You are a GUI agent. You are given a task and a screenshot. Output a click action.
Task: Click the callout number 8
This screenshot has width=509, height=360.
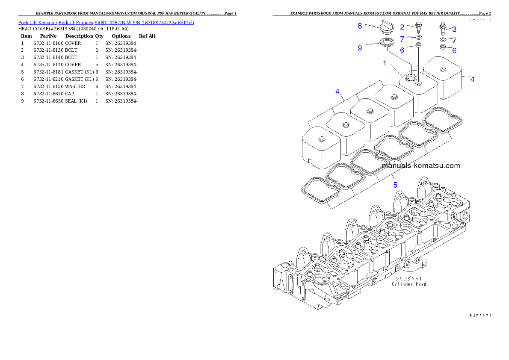[x=360, y=26]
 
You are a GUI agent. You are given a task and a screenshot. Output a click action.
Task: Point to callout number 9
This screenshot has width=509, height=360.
[x=360, y=48]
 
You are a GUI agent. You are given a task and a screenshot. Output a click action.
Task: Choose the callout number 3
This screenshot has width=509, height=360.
[x=454, y=30]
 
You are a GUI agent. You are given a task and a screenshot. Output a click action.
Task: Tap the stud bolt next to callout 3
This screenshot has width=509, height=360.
[x=443, y=28]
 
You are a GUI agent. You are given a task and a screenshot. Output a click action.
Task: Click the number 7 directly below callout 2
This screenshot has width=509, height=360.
[x=402, y=39]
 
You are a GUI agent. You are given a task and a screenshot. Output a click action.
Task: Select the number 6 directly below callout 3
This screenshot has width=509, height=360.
[x=454, y=50]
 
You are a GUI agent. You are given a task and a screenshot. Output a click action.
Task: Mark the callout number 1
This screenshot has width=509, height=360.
[x=385, y=63]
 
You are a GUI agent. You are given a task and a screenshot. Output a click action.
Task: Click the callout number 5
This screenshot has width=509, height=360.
[x=396, y=185]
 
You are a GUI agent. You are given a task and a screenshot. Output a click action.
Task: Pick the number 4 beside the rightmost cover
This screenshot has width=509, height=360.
[x=472, y=79]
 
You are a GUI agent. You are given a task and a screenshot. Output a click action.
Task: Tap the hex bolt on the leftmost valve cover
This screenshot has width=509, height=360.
[x=321, y=139]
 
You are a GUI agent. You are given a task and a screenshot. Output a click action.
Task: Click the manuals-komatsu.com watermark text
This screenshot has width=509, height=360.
[x=420, y=165]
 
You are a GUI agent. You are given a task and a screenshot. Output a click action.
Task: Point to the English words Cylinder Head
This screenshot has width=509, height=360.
[x=409, y=284]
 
